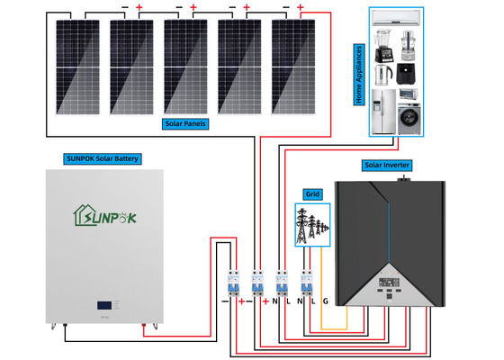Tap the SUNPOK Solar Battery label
click(102, 158)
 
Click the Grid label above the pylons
click(312, 193)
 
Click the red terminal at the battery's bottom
click(143, 331)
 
